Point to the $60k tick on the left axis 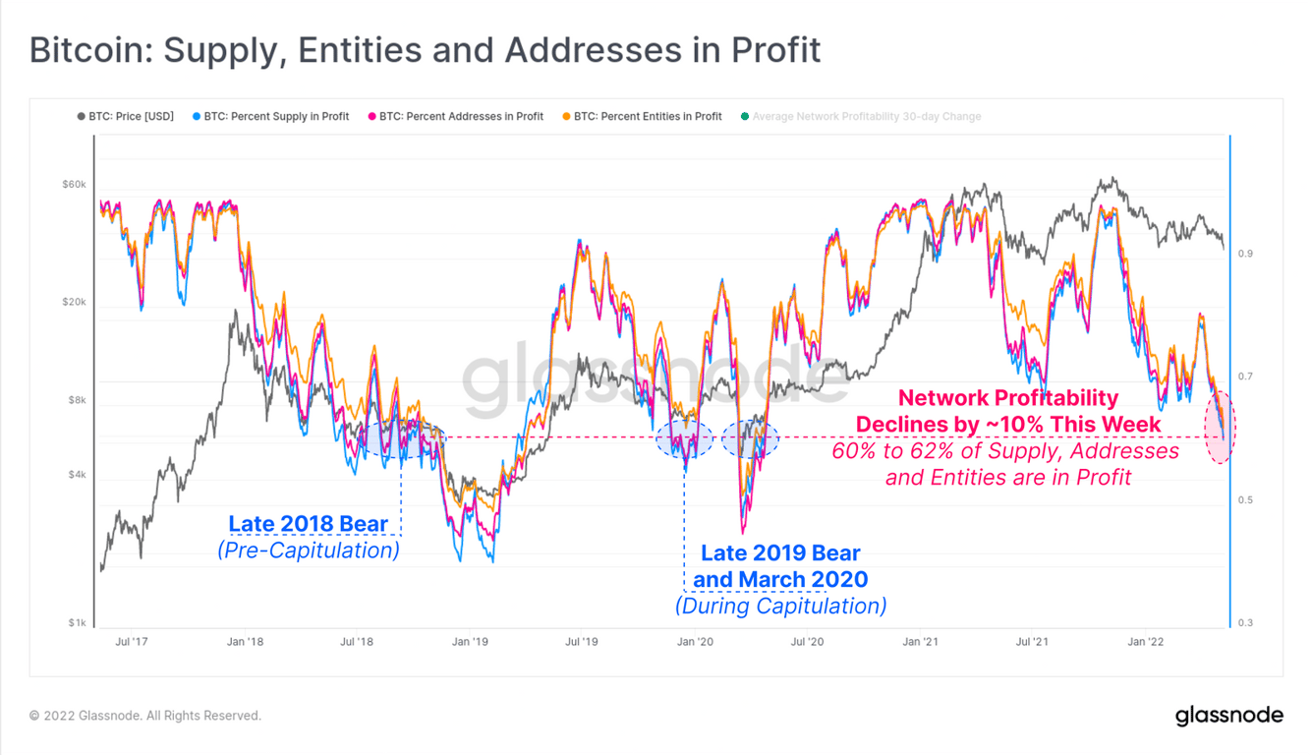75,184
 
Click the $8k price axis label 78,400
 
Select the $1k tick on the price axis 78,623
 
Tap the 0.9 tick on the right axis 1245,254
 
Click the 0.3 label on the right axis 1245,623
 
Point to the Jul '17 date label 132,642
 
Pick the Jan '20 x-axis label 695,642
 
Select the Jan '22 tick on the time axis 1145,642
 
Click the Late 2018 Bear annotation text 308,524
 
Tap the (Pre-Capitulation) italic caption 308,551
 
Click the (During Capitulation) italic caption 780,606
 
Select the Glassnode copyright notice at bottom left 145,716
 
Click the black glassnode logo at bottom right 1228,716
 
